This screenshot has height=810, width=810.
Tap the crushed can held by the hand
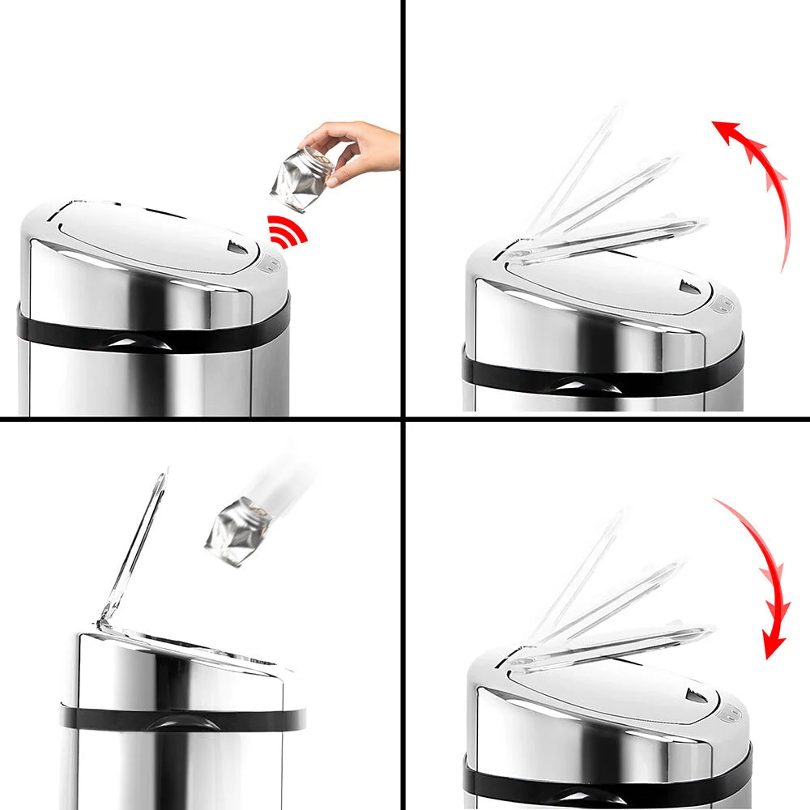[x=301, y=179]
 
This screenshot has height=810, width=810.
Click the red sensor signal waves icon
[x=288, y=232]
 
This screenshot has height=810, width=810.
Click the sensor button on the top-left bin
[x=269, y=264]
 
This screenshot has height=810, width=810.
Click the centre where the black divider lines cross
[x=403, y=418]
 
